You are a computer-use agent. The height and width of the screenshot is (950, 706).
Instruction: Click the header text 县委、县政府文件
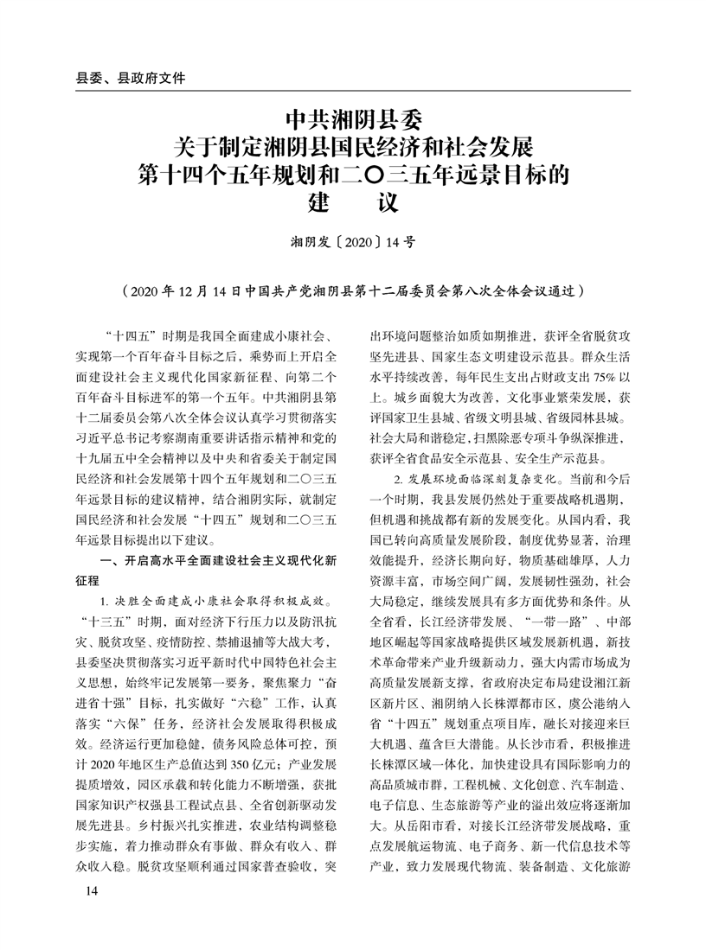pos(132,78)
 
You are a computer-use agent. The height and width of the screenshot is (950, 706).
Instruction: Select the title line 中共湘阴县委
pos(353,116)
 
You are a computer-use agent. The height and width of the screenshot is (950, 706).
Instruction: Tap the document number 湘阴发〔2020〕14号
pos(353,243)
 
